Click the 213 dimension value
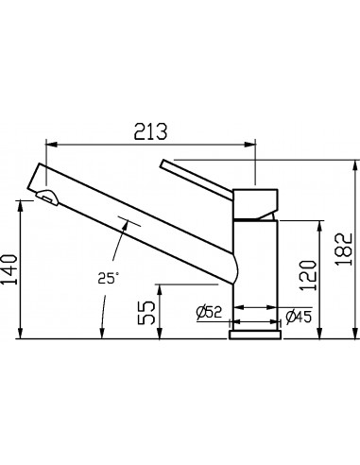150,131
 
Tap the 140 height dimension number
9,269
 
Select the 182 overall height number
344,250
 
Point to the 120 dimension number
307,275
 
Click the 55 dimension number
146,313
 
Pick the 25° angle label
108,278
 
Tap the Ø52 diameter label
209,312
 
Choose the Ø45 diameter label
299,317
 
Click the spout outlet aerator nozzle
47,197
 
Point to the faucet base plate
255,335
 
